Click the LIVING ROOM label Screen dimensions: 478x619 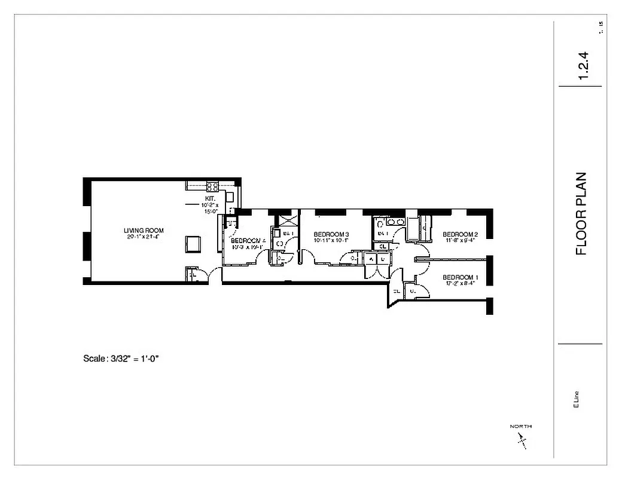[144, 231]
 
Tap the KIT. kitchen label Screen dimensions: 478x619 [211, 198]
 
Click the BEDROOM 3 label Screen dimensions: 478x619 [331, 234]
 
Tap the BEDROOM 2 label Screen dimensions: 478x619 [460, 234]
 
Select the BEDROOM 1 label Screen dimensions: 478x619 [460, 277]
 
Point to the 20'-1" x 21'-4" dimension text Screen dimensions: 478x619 [144, 237]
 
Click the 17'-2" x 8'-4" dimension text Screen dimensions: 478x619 [460, 284]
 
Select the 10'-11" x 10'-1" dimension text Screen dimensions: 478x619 [331, 240]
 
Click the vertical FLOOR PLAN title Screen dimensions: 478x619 [581, 214]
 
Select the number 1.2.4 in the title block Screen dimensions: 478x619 [584, 66]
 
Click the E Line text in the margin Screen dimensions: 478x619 [576, 399]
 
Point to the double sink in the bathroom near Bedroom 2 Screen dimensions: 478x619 [395, 222]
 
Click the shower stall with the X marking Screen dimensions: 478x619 [286, 218]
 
